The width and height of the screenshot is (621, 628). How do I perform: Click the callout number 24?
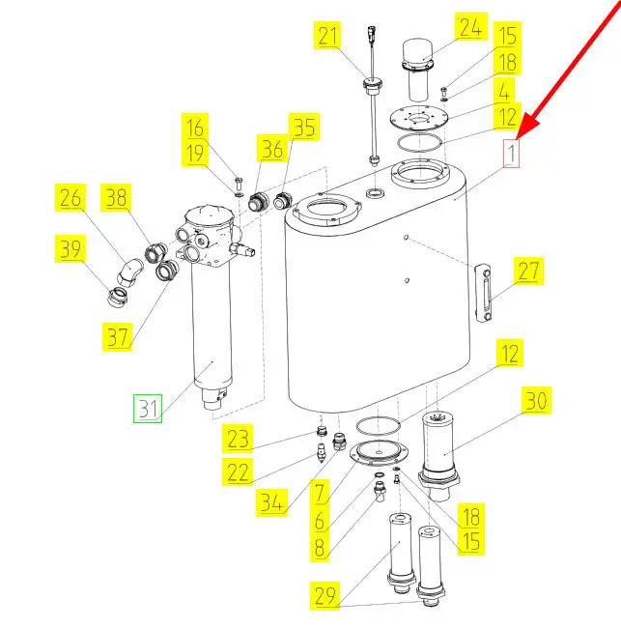tap(470, 26)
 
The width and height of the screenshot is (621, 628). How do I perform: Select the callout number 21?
tap(328, 36)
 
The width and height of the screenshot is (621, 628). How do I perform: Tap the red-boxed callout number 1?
tap(511, 154)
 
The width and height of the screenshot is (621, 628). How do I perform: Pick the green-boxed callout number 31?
tap(148, 409)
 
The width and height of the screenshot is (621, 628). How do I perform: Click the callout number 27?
tap(528, 271)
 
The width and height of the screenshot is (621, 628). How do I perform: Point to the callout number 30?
tap(536, 400)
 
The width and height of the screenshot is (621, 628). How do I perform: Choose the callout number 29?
tap(325, 595)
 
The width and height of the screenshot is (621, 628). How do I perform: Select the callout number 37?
tap(117, 337)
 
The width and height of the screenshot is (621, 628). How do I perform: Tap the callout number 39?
tap(71, 248)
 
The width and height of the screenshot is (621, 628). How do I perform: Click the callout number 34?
tap(271, 502)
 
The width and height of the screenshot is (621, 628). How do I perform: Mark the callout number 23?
tap(238, 439)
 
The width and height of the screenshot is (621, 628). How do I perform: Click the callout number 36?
tap(272, 149)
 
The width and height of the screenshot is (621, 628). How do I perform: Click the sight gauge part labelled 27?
tap(483, 293)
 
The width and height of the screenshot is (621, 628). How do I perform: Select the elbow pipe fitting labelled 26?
tap(129, 271)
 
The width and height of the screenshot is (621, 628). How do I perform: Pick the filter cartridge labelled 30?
tap(438, 455)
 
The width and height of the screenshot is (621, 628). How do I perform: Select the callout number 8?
tap(319, 548)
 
